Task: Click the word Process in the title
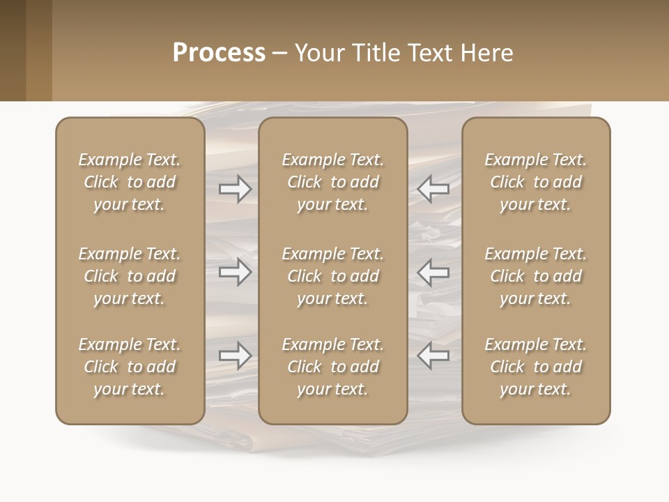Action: point(219,52)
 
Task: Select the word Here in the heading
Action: point(485,52)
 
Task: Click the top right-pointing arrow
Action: point(236,188)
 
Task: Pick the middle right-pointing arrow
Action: point(236,272)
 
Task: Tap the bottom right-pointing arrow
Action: point(236,356)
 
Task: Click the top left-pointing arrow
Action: point(433,188)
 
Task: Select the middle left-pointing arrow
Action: point(433,272)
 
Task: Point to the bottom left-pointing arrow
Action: point(433,356)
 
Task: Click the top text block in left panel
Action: point(130,182)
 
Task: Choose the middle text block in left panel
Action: point(130,276)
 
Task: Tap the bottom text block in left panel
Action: point(130,367)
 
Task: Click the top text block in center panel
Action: point(333,182)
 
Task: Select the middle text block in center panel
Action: point(333,276)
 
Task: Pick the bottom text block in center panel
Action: point(333,367)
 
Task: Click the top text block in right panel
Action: point(536,182)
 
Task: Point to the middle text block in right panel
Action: point(536,276)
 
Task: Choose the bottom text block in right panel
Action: point(536,367)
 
